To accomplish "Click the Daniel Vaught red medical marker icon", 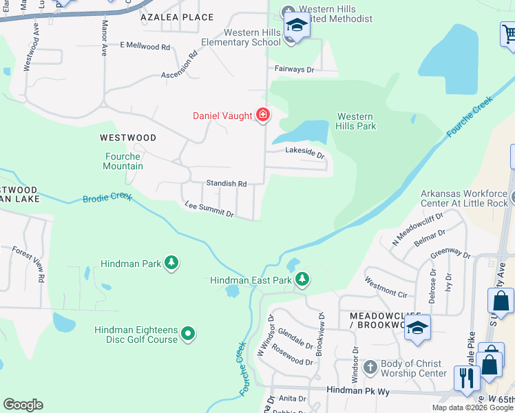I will (262, 115).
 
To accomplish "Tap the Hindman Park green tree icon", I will (171, 263).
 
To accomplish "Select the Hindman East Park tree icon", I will (302, 279).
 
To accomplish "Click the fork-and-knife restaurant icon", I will (466, 378).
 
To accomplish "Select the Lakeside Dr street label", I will (305, 152).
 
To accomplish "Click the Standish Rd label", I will (227, 183).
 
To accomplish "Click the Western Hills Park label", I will (355, 121).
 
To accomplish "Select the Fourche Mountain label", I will (123, 161).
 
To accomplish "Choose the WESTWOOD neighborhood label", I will (127, 138).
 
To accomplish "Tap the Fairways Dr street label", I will (294, 70).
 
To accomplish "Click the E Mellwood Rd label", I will (145, 46).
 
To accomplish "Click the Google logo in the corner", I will (23, 405).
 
